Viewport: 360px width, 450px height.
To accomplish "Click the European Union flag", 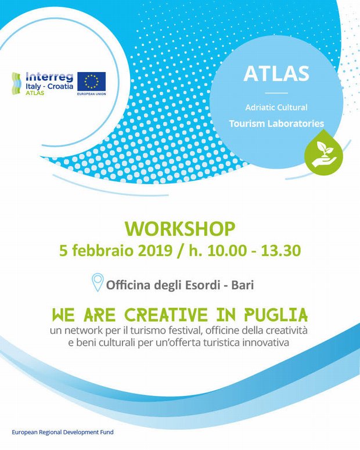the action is coord(92,81).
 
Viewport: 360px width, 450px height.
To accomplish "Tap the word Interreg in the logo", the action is coord(49,77).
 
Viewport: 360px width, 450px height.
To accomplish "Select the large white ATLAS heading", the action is coord(276,74).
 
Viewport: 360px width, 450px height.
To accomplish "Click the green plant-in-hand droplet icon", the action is coord(323,152).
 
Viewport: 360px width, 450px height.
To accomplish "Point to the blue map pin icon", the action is coord(98,282).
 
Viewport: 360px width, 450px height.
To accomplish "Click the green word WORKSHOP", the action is coord(180,229).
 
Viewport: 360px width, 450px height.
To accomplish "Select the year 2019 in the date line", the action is coord(155,250).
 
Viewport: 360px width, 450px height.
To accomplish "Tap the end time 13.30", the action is coord(281,250).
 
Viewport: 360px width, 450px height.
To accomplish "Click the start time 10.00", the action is coord(227,250).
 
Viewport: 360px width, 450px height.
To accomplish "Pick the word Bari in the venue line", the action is coord(243,285).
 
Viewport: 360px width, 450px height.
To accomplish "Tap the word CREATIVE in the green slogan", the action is coord(166,315).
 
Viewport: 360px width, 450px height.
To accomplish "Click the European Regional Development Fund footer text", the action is coord(63,432).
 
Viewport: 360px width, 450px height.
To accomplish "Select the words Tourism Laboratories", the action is coord(276,124).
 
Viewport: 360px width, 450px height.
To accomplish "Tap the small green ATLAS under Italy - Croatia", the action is coord(35,93).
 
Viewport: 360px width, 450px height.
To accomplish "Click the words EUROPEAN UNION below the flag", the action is coord(92,94).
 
